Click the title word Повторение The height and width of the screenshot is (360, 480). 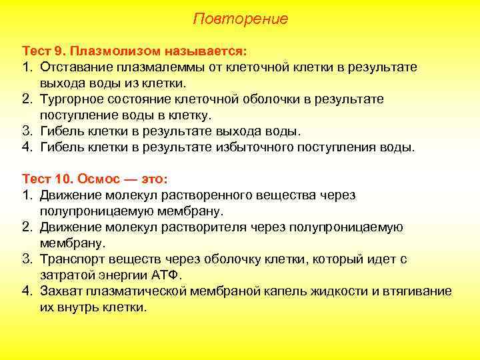click(x=240, y=19)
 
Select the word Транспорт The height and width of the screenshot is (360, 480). click(x=71, y=259)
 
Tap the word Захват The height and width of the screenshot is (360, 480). click(x=61, y=291)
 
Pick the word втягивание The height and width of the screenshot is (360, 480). click(x=418, y=291)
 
